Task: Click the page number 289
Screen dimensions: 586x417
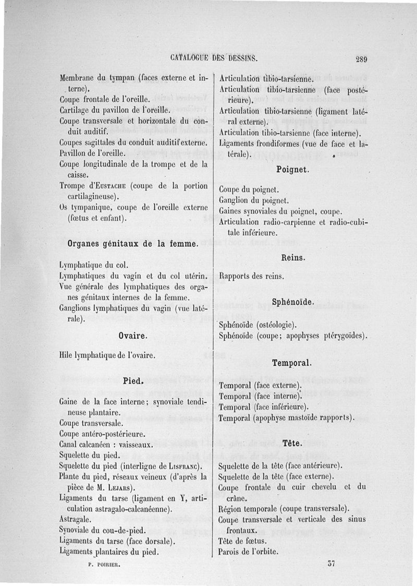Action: [x=361, y=59]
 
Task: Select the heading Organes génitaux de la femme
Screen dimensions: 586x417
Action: [x=133, y=244]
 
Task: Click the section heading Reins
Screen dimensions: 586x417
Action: [x=293, y=257]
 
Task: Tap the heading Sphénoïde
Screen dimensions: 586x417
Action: [x=293, y=303]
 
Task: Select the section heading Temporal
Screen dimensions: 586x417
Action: [x=292, y=363]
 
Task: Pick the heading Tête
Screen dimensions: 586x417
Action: [x=292, y=444]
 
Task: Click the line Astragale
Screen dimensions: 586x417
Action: [x=76, y=519]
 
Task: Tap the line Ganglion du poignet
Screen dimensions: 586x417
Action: [x=254, y=200]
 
